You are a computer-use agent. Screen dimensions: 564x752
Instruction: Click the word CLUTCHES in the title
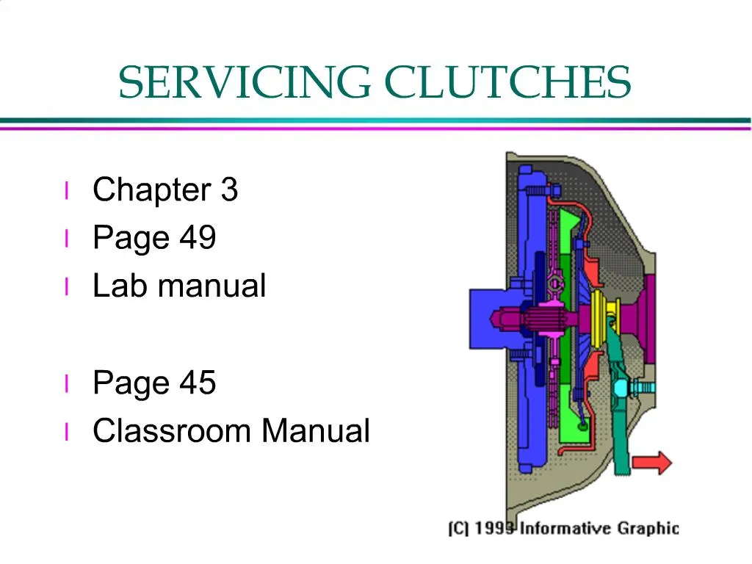click(508, 82)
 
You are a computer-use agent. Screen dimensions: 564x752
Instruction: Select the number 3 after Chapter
click(229, 190)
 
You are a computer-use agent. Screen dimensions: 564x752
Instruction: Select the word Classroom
click(173, 430)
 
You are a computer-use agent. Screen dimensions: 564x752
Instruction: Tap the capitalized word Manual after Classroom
click(316, 430)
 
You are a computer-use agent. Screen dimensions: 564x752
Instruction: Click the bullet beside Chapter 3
click(67, 191)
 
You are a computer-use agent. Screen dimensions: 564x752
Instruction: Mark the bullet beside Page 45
click(67, 383)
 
